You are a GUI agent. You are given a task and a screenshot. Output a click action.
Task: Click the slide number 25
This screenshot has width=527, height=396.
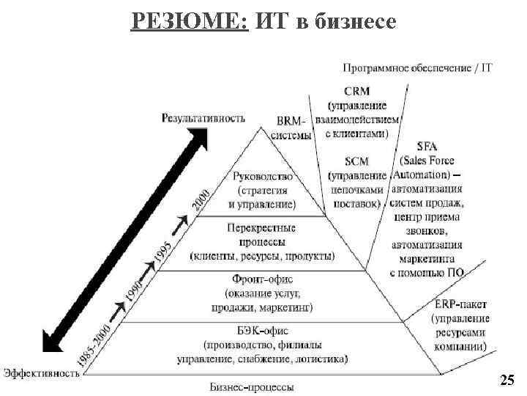507,379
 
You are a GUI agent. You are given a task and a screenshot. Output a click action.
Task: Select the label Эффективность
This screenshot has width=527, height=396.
42,373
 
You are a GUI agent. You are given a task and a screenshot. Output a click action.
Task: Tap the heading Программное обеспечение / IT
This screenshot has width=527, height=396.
417,68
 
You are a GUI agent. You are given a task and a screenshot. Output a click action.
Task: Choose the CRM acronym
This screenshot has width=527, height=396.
356,91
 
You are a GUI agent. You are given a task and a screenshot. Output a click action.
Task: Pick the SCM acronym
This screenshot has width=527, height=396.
356,161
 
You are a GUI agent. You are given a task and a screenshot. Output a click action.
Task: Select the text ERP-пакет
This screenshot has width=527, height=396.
460,304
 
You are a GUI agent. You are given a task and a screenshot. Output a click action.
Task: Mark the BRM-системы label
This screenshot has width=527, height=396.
291,128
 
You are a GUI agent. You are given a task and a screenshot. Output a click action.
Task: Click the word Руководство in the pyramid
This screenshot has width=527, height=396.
262,176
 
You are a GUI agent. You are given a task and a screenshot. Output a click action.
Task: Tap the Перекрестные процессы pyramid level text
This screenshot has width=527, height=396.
262,230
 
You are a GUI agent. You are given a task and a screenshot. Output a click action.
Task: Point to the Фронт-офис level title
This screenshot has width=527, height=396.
262,279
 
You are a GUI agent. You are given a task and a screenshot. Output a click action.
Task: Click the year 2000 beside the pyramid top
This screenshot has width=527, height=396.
201,199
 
